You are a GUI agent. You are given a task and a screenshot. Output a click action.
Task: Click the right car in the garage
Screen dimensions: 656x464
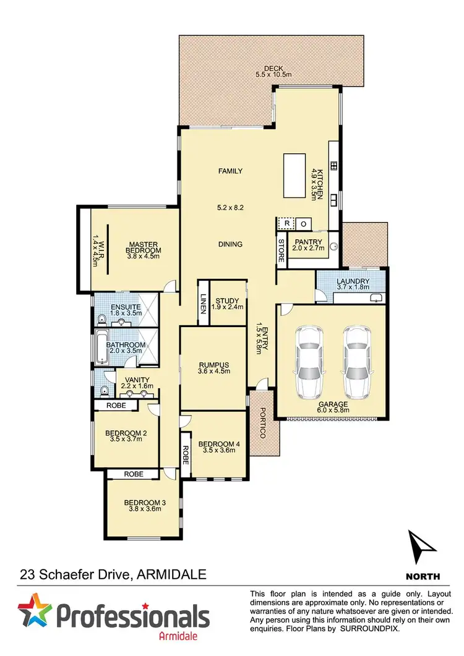pyautogui.click(x=356, y=362)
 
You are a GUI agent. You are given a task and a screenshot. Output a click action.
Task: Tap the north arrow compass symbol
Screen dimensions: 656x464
pyautogui.click(x=423, y=547)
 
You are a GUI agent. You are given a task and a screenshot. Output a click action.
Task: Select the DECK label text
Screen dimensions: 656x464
pyautogui.click(x=272, y=68)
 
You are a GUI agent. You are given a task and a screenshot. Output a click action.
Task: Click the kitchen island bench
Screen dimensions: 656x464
pyautogui.click(x=295, y=176)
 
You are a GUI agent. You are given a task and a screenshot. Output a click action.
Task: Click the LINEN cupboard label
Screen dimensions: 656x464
pyautogui.click(x=202, y=302)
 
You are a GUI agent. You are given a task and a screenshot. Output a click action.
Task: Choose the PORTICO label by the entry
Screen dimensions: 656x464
pyautogui.click(x=262, y=424)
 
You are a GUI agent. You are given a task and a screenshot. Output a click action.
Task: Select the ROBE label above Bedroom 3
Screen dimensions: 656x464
pyautogui.click(x=133, y=474)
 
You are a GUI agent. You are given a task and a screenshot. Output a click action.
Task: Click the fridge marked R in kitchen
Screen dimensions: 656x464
pyautogui.click(x=286, y=223)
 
